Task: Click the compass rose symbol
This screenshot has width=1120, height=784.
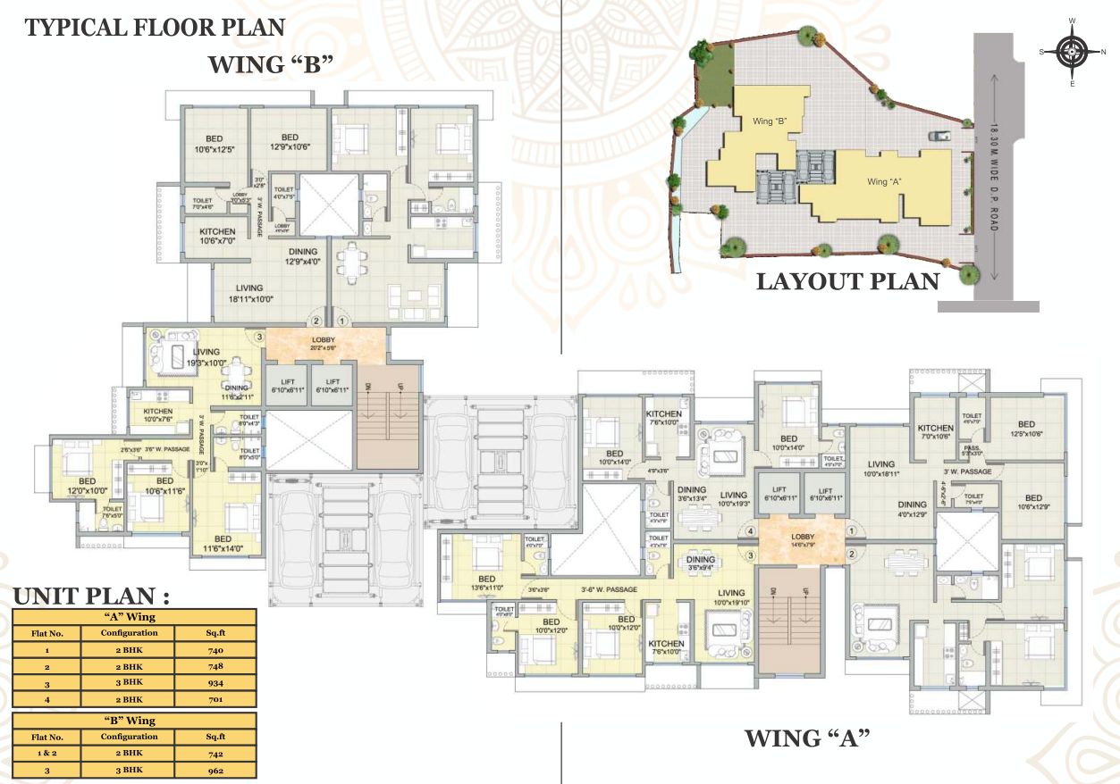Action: [x=1072, y=52]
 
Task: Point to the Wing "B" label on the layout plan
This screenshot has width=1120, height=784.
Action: [x=769, y=121]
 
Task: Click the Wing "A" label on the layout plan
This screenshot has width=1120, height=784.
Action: [x=884, y=182]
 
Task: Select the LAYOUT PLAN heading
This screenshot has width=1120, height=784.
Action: [x=847, y=281]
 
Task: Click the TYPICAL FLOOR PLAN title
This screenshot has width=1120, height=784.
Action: [x=155, y=28]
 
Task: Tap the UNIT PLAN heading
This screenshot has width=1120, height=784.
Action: [x=91, y=596]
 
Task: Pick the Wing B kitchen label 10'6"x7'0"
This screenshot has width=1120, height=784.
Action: [x=217, y=237]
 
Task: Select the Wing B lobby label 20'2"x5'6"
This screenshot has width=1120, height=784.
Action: [x=323, y=344]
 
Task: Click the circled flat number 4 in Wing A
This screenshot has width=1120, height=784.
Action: [x=751, y=532]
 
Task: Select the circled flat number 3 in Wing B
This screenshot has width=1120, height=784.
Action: [x=258, y=338]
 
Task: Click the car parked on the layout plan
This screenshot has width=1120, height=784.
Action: [x=939, y=136]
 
